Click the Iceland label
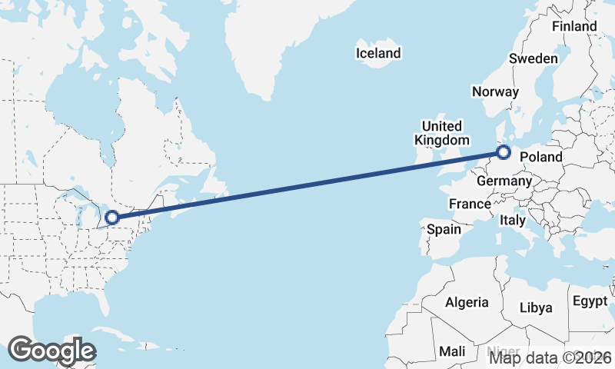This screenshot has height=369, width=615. click(x=378, y=53)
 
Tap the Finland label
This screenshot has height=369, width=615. click(x=574, y=26)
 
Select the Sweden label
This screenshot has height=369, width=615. click(x=534, y=59)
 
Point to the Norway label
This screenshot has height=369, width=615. click(x=496, y=91)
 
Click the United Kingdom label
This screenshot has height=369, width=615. click(x=442, y=133)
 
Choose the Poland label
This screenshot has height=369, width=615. click(x=541, y=158)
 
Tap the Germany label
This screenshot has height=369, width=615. click(x=504, y=181)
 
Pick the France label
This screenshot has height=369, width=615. click(x=470, y=204)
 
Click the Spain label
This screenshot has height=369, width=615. click(x=444, y=229)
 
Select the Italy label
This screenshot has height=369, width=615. click(x=513, y=220)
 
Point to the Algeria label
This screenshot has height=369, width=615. click(x=467, y=302)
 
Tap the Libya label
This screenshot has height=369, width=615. click(x=536, y=307)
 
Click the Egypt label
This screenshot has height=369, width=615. click(x=590, y=301)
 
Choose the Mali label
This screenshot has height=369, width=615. click(x=452, y=351)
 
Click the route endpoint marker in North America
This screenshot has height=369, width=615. click(x=112, y=218)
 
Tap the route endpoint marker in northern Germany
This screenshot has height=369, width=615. click(x=504, y=152)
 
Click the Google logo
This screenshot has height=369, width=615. click(x=52, y=350)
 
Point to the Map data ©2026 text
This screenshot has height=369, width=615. click(x=551, y=357)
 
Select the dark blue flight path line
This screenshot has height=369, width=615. click(x=307, y=185)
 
